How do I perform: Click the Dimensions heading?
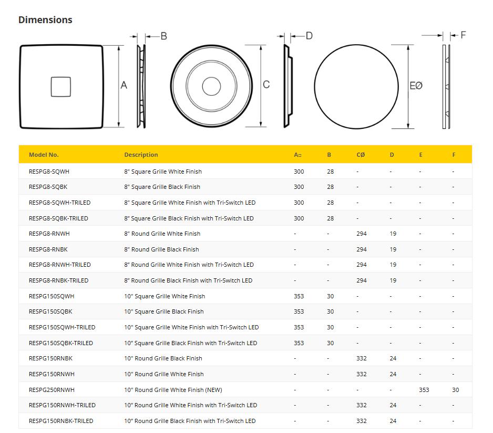[x=45, y=20]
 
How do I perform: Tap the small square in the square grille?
[x=61, y=87]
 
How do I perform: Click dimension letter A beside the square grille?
[x=124, y=85]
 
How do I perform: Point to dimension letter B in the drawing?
[x=163, y=36]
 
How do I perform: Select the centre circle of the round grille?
[x=211, y=86]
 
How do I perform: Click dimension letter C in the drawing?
[x=266, y=85]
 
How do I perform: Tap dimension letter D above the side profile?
[x=309, y=36]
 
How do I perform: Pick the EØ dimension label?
[x=416, y=85]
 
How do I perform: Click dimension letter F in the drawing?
[x=463, y=35]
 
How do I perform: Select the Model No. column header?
[x=44, y=155]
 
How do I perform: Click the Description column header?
[x=141, y=155]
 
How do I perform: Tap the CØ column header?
[x=361, y=155]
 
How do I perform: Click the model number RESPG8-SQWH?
[x=49, y=172]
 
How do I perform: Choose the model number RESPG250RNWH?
[x=52, y=390]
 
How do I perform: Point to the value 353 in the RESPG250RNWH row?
[x=424, y=390]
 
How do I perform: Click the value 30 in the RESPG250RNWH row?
[x=455, y=390]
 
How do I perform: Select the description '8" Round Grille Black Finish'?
[x=161, y=249]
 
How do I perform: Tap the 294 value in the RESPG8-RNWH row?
[x=362, y=234]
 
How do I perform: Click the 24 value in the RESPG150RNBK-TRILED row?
[x=393, y=421]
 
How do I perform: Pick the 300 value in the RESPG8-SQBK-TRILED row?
[x=299, y=218]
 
